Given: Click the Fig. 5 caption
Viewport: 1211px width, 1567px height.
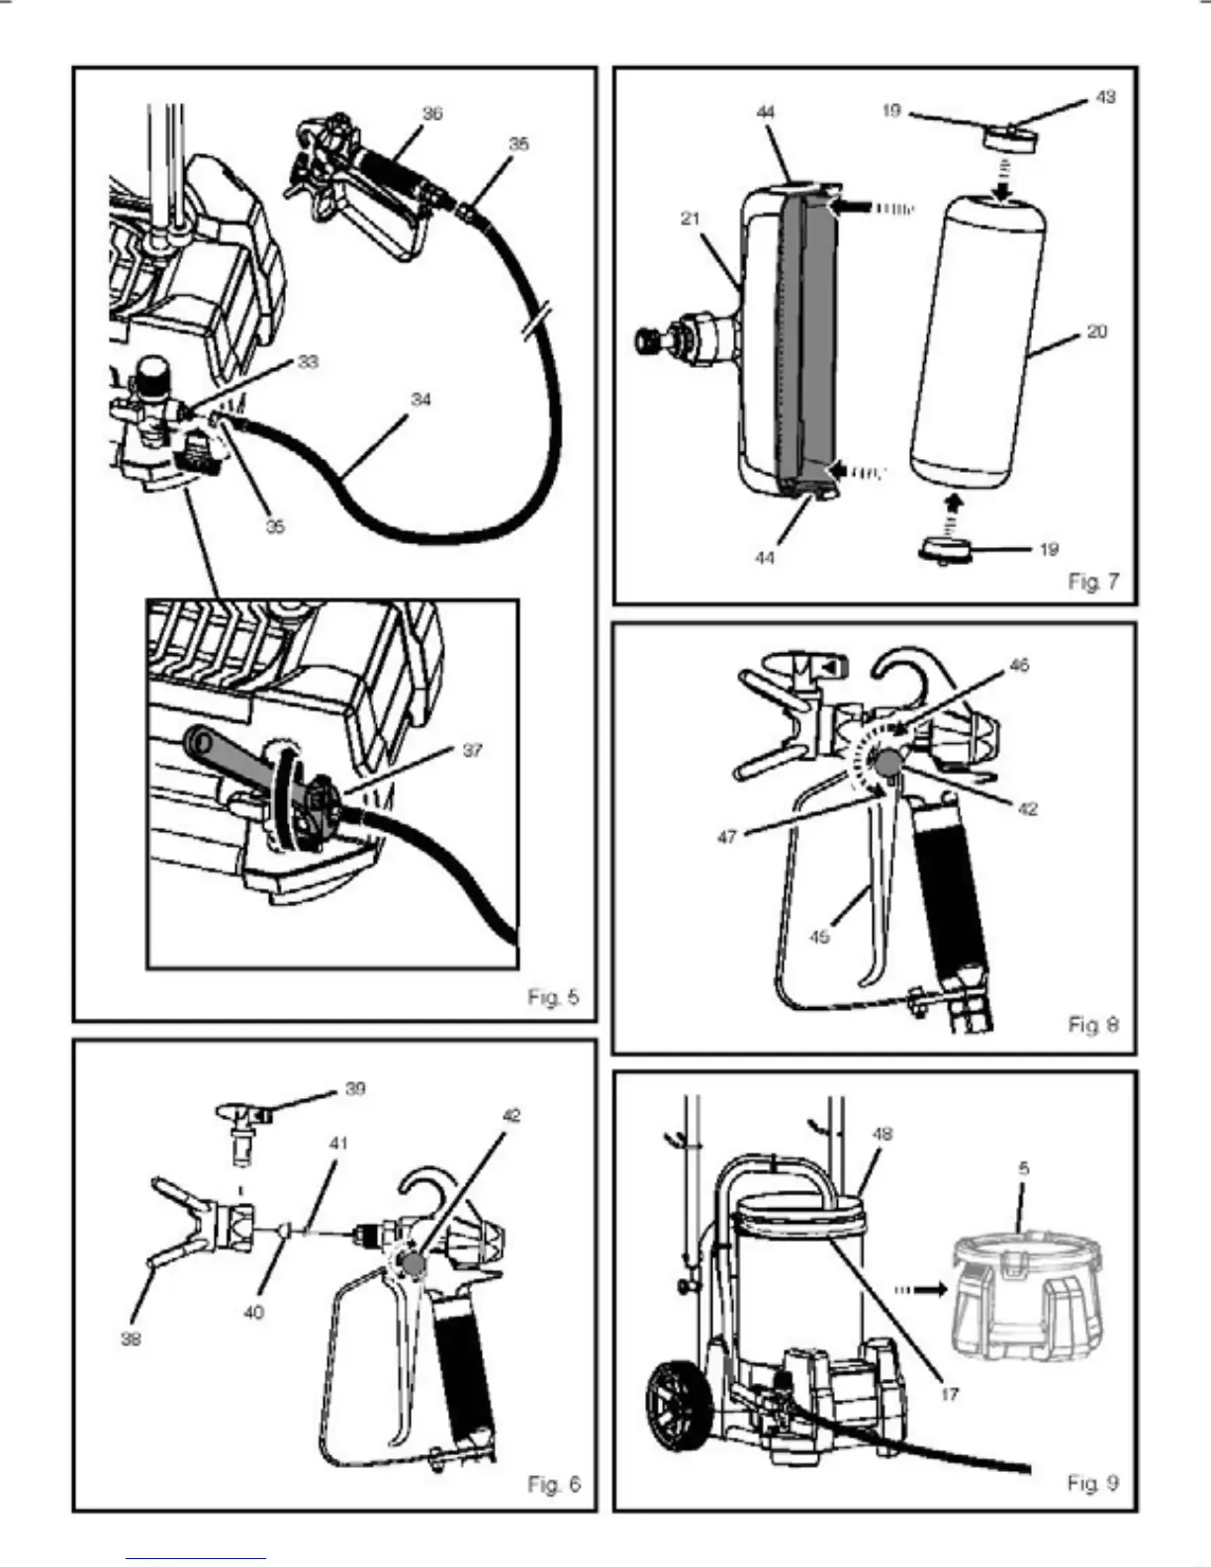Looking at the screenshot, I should click(x=553, y=997).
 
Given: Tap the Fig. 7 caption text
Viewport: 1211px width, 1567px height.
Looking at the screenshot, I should click(x=1093, y=582).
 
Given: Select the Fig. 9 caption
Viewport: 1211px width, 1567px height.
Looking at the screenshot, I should click(x=1092, y=1483).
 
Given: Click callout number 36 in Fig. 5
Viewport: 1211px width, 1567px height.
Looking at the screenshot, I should click(x=432, y=114).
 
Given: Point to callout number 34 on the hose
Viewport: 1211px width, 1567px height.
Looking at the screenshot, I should click(x=421, y=400).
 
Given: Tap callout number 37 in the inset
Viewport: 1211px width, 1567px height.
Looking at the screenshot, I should click(x=472, y=751).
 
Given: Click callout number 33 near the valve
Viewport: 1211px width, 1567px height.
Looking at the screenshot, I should click(x=308, y=362).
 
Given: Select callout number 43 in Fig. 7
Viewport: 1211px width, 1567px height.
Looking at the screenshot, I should click(x=1105, y=97).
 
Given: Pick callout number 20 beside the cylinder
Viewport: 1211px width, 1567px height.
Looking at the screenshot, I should click(x=1096, y=332).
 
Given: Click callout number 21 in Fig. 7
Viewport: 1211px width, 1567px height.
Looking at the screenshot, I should click(x=691, y=219).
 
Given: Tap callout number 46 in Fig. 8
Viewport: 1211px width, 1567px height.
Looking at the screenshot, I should click(x=1018, y=666).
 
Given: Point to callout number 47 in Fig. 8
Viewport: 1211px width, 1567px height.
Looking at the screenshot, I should click(x=727, y=837).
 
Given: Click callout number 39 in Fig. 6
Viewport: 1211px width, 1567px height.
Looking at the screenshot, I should click(x=355, y=1089).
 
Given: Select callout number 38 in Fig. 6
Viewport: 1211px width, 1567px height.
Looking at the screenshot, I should click(x=131, y=1339).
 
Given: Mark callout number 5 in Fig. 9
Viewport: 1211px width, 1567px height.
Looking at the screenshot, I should click(x=1024, y=1168).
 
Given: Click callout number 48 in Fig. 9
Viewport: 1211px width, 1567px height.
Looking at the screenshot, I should click(x=882, y=1134).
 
